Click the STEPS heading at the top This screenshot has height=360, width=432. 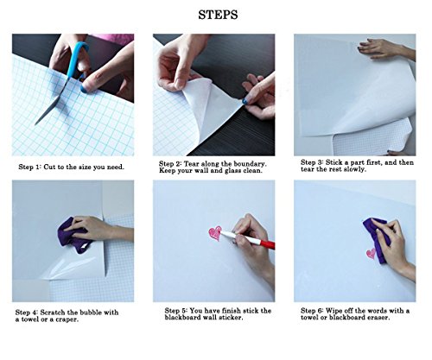click(x=218, y=15)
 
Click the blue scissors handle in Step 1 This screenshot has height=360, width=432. click(x=77, y=59)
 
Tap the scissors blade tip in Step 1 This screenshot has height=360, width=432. click(x=35, y=124)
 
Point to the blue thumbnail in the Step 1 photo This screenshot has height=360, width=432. click(x=84, y=89)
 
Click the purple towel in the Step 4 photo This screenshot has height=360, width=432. click(x=73, y=236)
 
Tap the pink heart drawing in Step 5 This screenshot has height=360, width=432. click(x=215, y=233)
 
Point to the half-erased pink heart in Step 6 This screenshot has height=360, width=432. click(x=371, y=253)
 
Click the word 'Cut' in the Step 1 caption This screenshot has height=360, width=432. click(x=49, y=167)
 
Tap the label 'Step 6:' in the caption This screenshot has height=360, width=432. click(x=312, y=311)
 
